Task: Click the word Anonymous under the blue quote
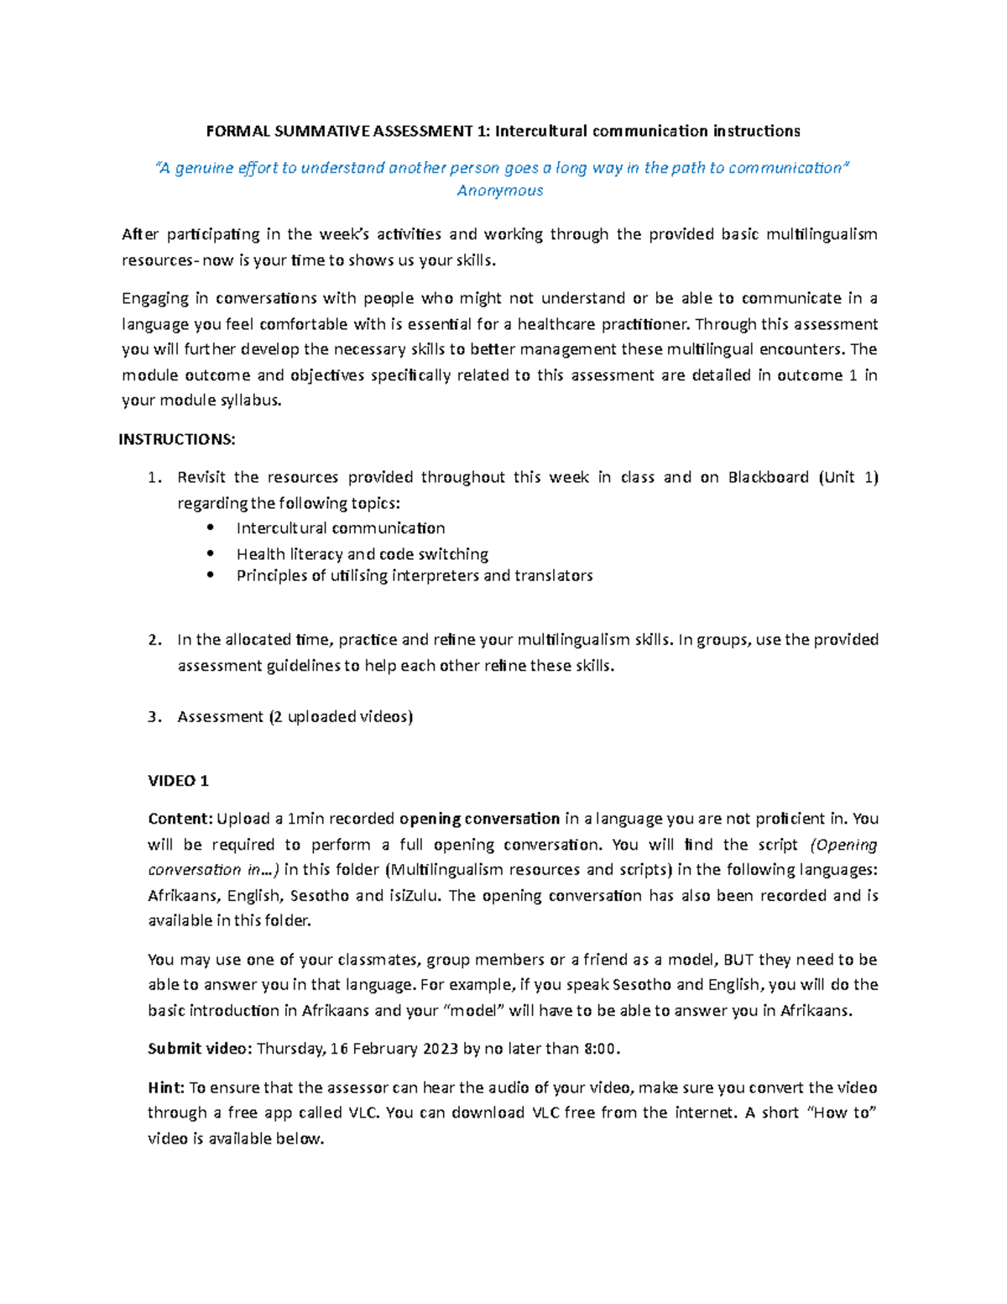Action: pyautogui.click(x=500, y=191)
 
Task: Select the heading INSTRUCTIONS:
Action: pyautogui.click(x=177, y=439)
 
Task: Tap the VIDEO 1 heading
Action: pyautogui.click(x=178, y=780)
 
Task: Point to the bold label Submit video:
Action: pyautogui.click(x=200, y=1048)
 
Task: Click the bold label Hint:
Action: pyautogui.click(x=166, y=1087)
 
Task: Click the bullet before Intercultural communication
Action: pyautogui.click(x=211, y=527)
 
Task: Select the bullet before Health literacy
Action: pyautogui.click(x=211, y=553)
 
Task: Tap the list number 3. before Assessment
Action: pyautogui.click(x=154, y=716)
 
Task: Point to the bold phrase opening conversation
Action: pyautogui.click(x=479, y=819)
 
